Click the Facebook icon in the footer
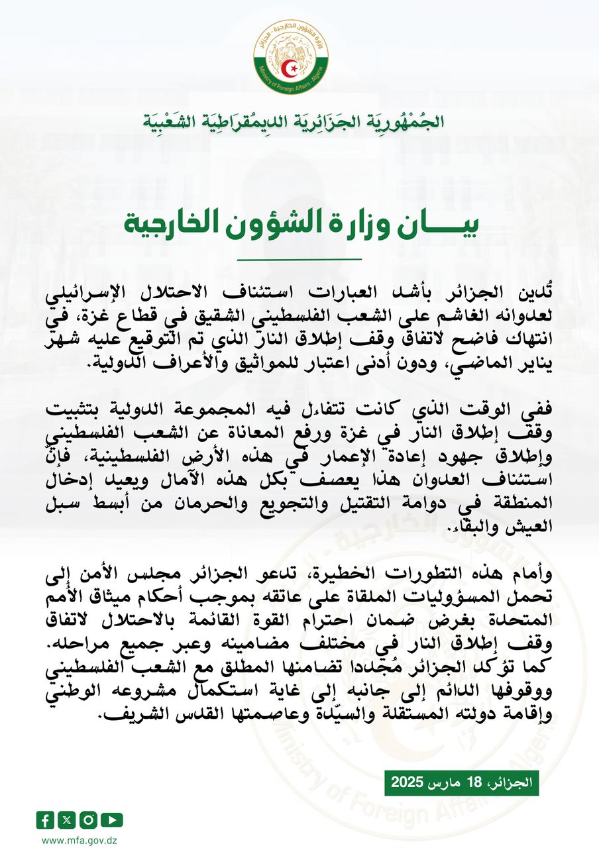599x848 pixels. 45,820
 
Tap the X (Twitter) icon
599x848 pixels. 66,820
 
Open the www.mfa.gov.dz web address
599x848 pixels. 76,840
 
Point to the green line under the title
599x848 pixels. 299,259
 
